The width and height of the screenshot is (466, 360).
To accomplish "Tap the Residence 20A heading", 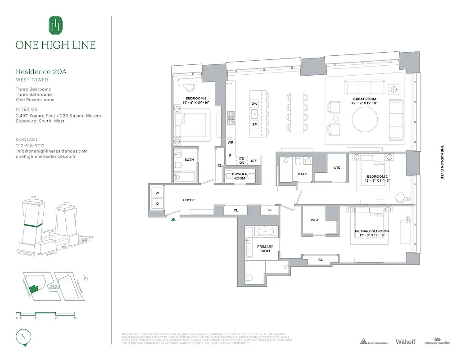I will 41,72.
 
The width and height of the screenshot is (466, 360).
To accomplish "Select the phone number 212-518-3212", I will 30,146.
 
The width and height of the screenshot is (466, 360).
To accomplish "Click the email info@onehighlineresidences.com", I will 52,151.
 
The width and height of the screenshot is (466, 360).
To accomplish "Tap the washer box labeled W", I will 157,193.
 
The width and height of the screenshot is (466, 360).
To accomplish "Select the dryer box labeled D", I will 157,204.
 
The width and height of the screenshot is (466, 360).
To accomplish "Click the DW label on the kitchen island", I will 254,103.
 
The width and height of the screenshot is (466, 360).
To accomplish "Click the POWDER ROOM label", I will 240,176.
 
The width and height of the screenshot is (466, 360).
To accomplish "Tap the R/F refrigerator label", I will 254,160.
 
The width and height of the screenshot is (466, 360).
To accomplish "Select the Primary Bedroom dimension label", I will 372,233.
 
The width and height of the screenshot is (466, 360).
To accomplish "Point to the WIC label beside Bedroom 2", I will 337,168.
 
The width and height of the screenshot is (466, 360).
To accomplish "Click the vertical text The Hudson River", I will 442,162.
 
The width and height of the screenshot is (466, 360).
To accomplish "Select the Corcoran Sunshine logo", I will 437,342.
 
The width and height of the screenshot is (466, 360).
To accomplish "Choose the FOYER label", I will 189,200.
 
